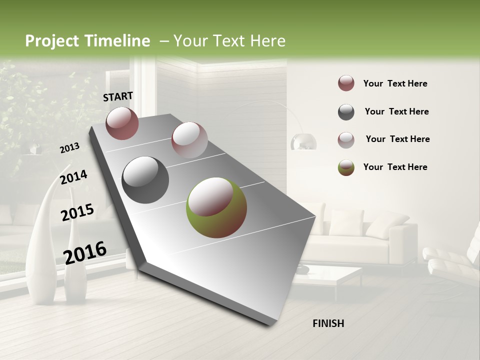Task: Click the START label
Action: coord(118,96)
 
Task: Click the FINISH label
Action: coord(328,323)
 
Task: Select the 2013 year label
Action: coord(69,147)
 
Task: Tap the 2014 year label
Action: coord(73,177)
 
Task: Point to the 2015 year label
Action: coord(77,212)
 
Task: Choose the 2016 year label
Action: coord(85,252)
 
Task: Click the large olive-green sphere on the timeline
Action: coord(216,207)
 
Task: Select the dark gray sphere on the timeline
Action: coord(145,180)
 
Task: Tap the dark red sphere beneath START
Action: coord(122,123)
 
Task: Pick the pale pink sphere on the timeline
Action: coord(189,140)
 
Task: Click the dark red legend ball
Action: coord(346,83)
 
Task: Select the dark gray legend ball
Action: coord(346,112)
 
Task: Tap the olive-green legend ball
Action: coord(346,167)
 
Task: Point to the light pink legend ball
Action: coord(346,140)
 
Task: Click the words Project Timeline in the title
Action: coord(87,41)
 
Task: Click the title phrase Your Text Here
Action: coord(229,41)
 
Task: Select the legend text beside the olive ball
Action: coord(395,167)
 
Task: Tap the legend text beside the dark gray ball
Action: coord(396,111)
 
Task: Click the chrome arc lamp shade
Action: coord(303,141)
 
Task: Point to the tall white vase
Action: coord(42,240)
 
